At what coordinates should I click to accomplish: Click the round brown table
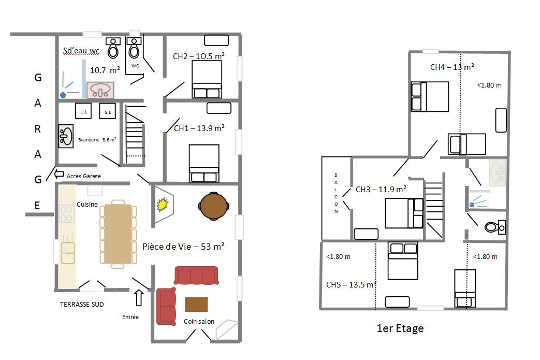click(x=213, y=206)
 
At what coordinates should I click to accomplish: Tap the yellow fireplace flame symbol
click(x=162, y=204)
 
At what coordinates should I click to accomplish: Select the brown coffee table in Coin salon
click(x=196, y=304)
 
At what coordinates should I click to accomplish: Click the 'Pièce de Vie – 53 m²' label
click(x=184, y=247)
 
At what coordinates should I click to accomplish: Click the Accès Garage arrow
click(x=59, y=174)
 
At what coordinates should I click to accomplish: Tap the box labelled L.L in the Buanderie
click(x=83, y=111)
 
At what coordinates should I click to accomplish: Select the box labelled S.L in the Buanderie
click(x=108, y=111)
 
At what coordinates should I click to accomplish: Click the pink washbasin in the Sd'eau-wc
click(x=100, y=90)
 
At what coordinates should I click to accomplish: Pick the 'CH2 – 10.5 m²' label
click(x=199, y=56)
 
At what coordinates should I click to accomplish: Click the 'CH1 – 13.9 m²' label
click(x=199, y=128)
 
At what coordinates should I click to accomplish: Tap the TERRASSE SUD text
click(x=82, y=304)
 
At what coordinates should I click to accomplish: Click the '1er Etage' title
click(x=400, y=328)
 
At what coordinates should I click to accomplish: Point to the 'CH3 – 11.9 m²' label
click(x=381, y=189)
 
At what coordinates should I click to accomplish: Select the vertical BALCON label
click(x=336, y=193)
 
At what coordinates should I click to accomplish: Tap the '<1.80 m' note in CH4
click(x=489, y=85)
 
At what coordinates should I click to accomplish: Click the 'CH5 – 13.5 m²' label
click(x=351, y=284)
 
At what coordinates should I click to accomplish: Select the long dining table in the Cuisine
click(x=118, y=234)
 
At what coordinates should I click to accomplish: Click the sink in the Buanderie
click(x=66, y=136)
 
